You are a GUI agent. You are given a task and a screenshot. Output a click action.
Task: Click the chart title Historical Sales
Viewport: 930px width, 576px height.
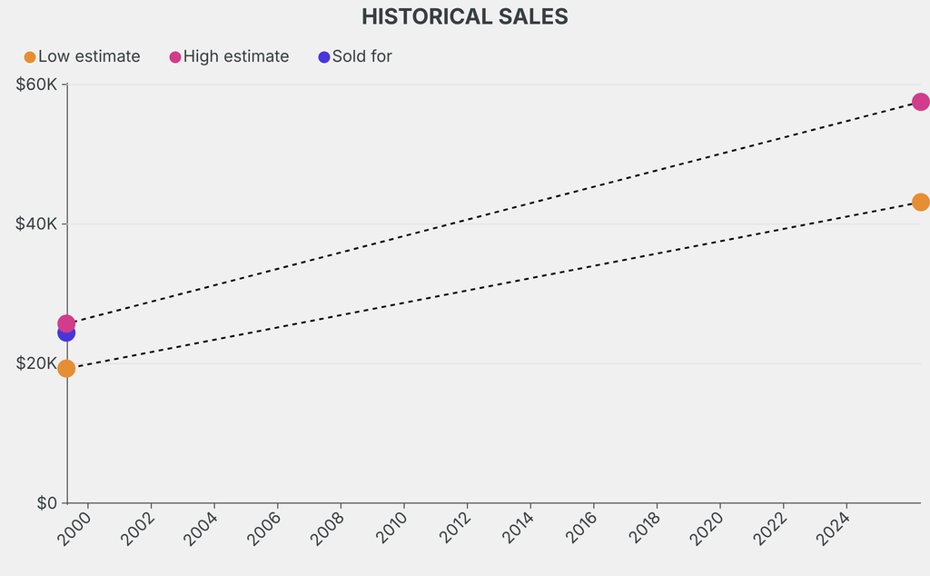(x=464, y=16)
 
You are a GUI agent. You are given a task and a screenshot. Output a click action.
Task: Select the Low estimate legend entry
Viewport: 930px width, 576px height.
(x=89, y=56)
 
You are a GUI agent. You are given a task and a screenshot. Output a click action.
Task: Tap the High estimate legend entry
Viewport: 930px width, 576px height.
(x=236, y=56)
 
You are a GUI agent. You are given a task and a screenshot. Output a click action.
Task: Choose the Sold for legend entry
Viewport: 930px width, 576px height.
(x=361, y=56)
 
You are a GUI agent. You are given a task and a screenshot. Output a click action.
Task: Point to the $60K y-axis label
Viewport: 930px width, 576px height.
(x=36, y=84)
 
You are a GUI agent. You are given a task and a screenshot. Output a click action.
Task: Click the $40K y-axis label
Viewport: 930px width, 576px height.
(x=36, y=223)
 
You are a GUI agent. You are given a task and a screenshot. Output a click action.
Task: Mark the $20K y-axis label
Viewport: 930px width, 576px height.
(x=36, y=363)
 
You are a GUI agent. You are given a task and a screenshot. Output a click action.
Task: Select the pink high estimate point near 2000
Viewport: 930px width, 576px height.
(x=66, y=323)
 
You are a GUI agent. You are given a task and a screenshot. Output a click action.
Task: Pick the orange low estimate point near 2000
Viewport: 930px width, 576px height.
(x=66, y=368)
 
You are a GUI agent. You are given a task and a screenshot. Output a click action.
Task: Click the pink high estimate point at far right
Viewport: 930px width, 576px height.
(x=920, y=102)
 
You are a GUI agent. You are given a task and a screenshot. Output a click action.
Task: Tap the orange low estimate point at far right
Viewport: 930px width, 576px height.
(x=920, y=202)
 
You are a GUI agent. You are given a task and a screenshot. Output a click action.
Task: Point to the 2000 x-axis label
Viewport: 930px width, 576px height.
(x=74, y=528)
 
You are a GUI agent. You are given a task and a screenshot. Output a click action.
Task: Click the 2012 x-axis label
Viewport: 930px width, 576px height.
(x=454, y=528)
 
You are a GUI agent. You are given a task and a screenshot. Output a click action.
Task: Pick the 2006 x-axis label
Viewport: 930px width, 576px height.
(x=264, y=528)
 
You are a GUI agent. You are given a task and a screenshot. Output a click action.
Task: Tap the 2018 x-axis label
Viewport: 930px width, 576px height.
(x=644, y=528)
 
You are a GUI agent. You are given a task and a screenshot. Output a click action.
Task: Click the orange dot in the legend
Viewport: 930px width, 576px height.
(x=30, y=57)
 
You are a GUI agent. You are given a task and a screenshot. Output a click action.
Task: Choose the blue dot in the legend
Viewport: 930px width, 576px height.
(x=324, y=57)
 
